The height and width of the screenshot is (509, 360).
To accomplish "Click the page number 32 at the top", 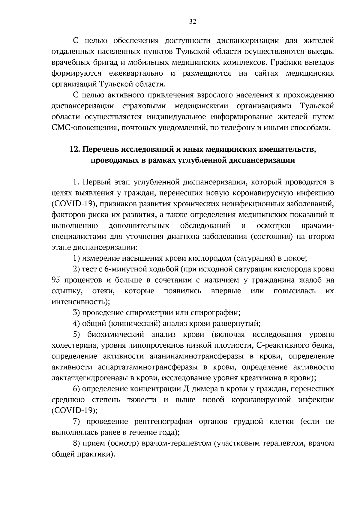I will point(193,22).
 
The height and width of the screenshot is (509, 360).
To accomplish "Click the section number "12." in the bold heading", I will point(75,149).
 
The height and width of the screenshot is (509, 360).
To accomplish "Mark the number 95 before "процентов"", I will point(56,280).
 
